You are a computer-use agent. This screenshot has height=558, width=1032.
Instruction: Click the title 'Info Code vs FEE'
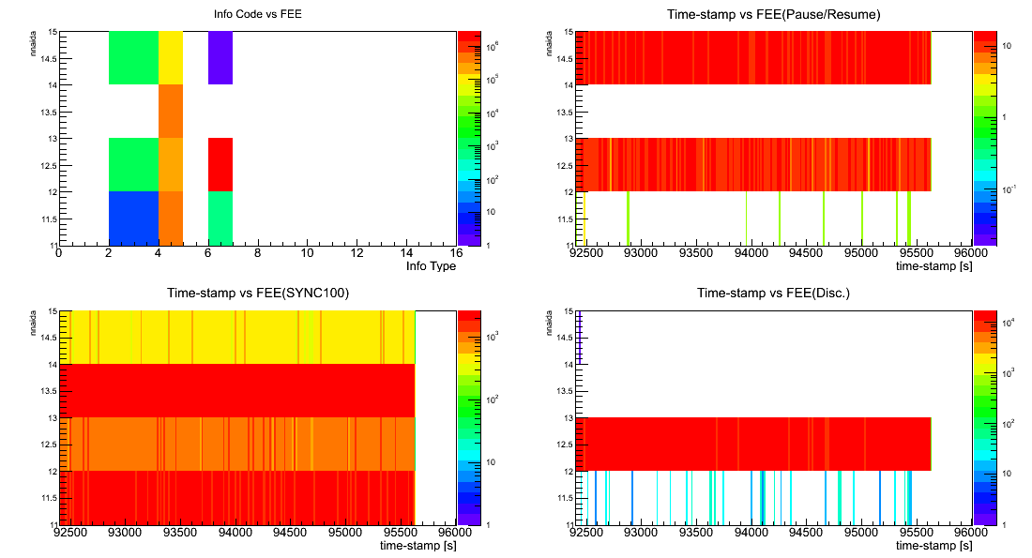click(x=259, y=14)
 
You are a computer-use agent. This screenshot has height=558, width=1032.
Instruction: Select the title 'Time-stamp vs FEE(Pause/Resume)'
click(x=773, y=14)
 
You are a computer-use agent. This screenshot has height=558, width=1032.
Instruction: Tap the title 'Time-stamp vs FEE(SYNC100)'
click(x=258, y=293)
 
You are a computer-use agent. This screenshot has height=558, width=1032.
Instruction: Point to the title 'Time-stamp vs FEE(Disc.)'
click(x=773, y=293)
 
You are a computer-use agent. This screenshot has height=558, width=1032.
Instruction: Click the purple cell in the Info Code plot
click(x=220, y=58)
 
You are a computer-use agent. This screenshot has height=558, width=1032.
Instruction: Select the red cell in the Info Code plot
click(x=220, y=164)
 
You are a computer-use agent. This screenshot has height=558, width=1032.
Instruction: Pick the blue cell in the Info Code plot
click(x=133, y=219)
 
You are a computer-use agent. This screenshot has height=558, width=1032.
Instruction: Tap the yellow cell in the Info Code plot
click(x=171, y=58)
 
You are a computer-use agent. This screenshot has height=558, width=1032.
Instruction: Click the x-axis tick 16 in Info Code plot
click(x=455, y=253)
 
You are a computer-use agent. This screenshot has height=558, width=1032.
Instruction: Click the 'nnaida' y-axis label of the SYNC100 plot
click(x=35, y=324)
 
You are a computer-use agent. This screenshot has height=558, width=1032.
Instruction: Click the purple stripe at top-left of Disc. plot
click(x=580, y=337)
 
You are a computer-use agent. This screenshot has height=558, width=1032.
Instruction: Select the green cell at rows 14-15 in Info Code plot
click(x=133, y=58)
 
